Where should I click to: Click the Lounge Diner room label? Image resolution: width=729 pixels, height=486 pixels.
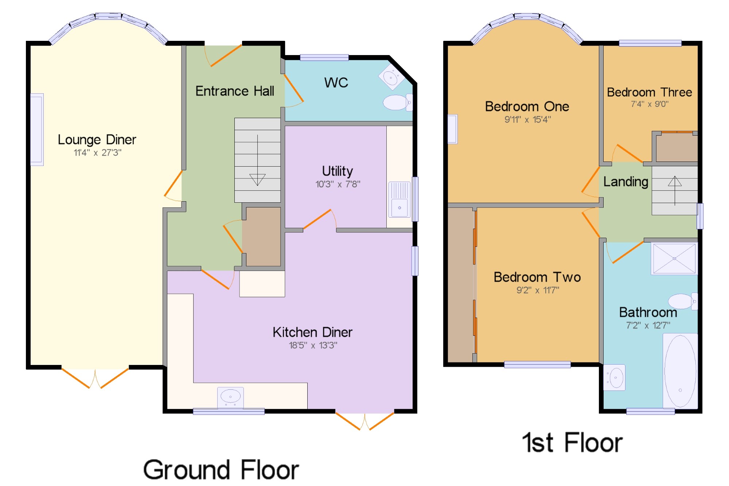(x=97, y=140)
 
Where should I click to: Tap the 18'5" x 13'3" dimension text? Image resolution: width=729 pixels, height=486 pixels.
(x=313, y=345)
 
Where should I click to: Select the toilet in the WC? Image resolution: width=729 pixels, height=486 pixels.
(x=398, y=102)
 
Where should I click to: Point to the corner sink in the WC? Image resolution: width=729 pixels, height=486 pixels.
(x=391, y=77)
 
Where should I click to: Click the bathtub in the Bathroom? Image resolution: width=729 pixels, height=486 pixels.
(x=680, y=371)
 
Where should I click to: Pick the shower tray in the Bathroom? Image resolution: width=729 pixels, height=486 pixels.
(x=674, y=258)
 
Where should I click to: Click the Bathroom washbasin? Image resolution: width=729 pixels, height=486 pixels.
(x=615, y=377)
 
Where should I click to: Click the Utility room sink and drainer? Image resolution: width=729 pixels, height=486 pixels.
(x=399, y=199)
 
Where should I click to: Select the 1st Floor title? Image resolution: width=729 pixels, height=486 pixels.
(x=572, y=443)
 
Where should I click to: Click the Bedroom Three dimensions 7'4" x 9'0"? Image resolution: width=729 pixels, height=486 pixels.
(x=650, y=104)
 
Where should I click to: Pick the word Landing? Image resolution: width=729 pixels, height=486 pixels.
(x=625, y=182)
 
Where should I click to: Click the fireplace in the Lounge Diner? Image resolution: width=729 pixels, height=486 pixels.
(x=37, y=130)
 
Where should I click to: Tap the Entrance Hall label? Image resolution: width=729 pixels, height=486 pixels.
(x=235, y=91)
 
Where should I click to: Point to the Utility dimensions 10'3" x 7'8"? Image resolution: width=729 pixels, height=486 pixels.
(x=338, y=184)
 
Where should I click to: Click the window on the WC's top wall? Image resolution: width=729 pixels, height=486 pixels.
(x=324, y=57)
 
